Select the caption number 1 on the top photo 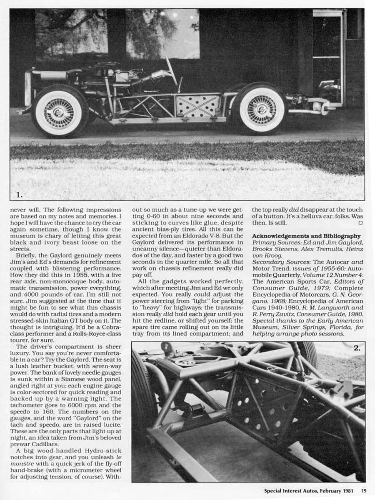19,194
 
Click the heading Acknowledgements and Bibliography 306,236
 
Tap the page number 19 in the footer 364,490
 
